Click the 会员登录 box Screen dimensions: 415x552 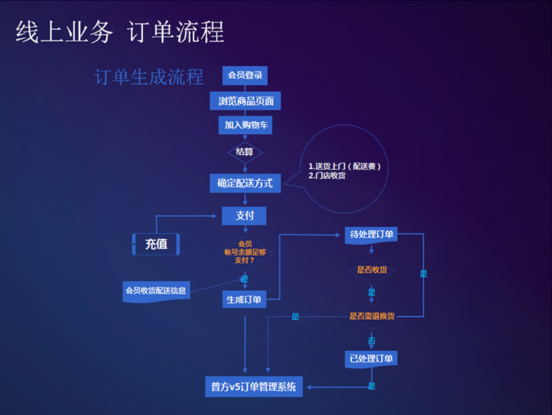point(245,76)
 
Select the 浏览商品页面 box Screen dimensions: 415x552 point(245,101)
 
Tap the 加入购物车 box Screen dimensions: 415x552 point(245,126)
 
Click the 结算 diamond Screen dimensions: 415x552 point(245,152)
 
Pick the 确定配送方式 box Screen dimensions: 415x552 point(245,183)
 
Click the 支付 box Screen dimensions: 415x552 point(245,216)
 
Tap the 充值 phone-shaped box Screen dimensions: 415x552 point(156,244)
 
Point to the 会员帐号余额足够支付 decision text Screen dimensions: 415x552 point(244,252)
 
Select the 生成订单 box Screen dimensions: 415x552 point(244,300)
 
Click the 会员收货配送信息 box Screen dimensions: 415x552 point(156,291)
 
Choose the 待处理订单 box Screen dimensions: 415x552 point(371,235)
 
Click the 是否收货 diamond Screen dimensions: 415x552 point(371,270)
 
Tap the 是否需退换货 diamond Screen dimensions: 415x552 point(371,316)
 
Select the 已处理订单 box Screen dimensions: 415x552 point(371,358)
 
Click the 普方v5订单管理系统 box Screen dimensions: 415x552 point(253,387)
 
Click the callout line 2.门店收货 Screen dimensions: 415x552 point(327,175)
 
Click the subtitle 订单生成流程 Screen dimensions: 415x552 point(149,77)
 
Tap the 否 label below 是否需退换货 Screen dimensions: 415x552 point(371,340)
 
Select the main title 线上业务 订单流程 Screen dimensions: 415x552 point(119,31)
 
